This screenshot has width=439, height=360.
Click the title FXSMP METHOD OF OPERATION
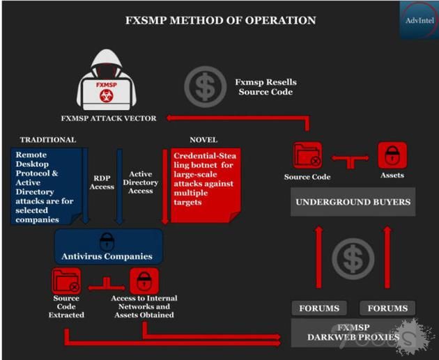click(219, 20)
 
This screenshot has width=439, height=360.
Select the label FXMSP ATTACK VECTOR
click(108, 118)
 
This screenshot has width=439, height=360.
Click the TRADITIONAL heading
click(48, 140)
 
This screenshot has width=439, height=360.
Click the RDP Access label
click(102, 182)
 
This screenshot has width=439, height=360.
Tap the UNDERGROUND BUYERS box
click(353, 202)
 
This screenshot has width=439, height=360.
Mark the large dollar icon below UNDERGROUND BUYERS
click(353, 260)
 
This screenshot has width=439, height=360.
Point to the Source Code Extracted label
click(67, 307)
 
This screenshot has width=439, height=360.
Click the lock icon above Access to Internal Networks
click(144, 281)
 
